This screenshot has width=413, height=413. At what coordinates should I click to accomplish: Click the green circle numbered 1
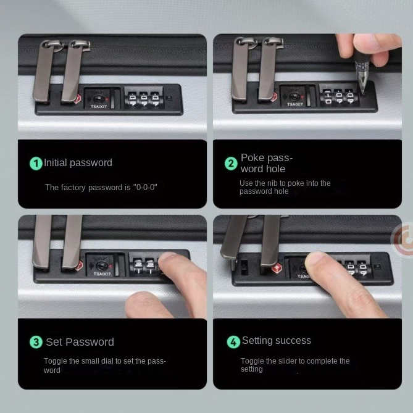click(x=36, y=164)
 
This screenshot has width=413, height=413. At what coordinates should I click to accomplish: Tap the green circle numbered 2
click(x=231, y=164)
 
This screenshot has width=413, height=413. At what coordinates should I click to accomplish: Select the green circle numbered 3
click(x=36, y=342)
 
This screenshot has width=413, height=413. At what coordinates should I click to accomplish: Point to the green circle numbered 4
click(x=233, y=342)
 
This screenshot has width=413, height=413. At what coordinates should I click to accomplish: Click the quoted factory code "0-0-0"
click(x=145, y=187)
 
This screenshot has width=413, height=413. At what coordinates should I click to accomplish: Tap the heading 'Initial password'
click(x=78, y=162)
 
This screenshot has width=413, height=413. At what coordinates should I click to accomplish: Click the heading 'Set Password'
click(x=80, y=342)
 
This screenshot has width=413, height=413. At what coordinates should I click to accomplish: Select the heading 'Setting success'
click(x=277, y=340)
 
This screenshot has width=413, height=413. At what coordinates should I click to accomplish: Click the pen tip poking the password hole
click(x=364, y=93)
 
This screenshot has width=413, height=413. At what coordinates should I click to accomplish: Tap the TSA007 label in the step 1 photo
click(x=99, y=107)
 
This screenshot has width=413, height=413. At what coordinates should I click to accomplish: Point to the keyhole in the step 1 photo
click(x=98, y=99)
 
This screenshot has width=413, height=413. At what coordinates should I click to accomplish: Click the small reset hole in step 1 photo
click(x=169, y=98)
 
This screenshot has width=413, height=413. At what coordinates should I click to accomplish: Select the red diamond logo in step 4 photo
click(x=277, y=269)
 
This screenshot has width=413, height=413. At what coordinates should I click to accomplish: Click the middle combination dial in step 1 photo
click(x=144, y=99)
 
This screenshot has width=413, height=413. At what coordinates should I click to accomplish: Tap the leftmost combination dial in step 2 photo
click(x=328, y=97)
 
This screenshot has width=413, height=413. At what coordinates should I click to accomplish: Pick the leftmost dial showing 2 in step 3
click(x=138, y=266)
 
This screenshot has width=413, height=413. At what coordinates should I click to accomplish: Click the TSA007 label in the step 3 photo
click(x=102, y=274)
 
